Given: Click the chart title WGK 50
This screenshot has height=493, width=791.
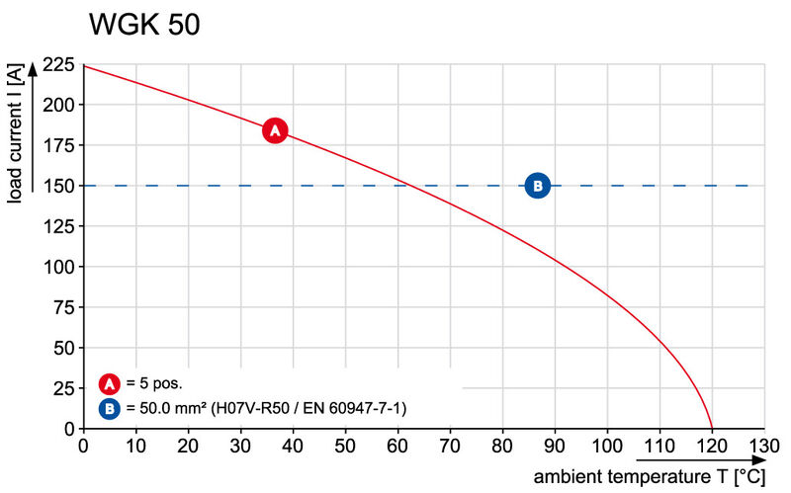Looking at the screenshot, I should [x=144, y=25].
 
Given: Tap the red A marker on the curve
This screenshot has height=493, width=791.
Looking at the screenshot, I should [x=275, y=130].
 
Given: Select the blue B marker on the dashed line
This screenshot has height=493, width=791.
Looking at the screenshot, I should [x=537, y=185].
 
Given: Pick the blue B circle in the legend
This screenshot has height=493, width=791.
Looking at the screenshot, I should [x=111, y=407].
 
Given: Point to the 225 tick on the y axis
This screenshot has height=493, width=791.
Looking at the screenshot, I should [x=57, y=65].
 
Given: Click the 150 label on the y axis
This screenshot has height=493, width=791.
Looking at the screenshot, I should [x=57, y=185].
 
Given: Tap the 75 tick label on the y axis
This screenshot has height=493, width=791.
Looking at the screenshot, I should [x=63, y=306].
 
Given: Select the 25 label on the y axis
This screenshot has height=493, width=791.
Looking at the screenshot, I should [x=63, y=387].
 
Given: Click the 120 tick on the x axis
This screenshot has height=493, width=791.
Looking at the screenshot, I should [x=712, y=448].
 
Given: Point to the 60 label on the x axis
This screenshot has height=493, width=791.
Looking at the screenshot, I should [x=397, y=448].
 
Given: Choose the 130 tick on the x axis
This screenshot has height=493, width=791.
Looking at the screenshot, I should [x=763, y=448].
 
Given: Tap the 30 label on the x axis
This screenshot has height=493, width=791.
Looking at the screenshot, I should [x=240, y=448].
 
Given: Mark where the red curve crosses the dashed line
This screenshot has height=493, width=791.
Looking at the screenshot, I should [x=409, y=185].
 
